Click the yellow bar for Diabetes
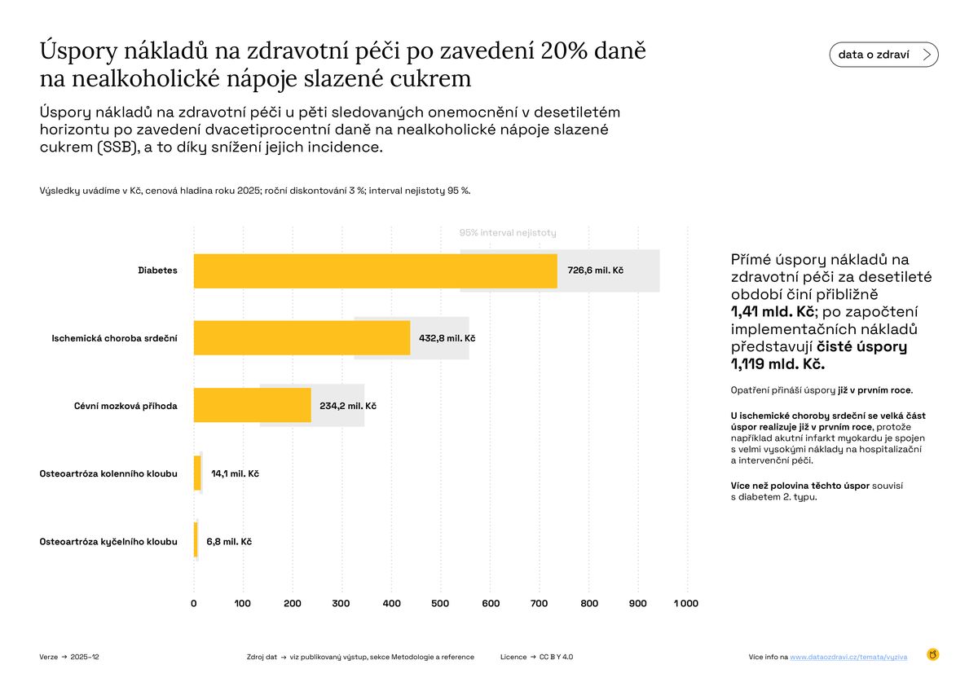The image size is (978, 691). (375, 271)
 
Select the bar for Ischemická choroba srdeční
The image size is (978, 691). (302, 337)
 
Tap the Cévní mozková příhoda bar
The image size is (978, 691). (252, 405)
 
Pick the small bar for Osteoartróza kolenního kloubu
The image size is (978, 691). (197, 473)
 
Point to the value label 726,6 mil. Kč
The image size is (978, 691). (595, 271)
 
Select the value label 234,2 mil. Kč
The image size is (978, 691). (347, 406)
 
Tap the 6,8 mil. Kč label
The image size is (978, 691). (229, 541)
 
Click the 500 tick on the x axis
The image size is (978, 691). (440, 604)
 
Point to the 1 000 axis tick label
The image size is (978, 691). (685, 604)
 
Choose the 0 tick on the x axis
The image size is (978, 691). (194, 604)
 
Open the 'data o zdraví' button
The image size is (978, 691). (883, 55)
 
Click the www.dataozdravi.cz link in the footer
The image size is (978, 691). (848, 657)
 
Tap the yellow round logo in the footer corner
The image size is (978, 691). (933, 654)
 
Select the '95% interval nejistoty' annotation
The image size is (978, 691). (508, 233)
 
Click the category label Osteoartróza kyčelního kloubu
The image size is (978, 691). (108, 541)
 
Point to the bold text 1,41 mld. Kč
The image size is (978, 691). (773, 312)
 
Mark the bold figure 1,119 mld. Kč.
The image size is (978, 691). (778, 364)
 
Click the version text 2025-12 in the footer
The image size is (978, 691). (85, 657)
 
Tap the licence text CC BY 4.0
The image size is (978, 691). (557, 657)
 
